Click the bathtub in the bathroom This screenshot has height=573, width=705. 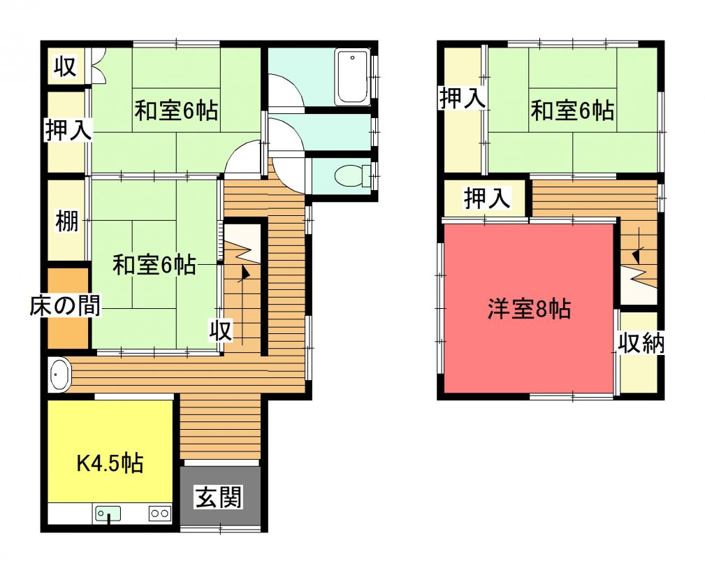(x=353, y=77)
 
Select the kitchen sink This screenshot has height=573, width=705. (x=108, y=514)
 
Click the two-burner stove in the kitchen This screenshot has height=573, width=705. (x=159, y=513)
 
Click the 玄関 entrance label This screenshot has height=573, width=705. (x=219, y=497)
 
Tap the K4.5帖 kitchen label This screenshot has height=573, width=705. (x=110, y=463)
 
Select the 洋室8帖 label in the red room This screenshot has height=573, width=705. (x=529, y=309)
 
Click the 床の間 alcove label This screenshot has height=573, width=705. (x=65, y=305)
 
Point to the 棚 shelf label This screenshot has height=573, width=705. (x=66, y=222)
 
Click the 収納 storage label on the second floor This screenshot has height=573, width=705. (x=641, y=344)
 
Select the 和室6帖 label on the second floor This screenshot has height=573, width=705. (x=572, y=110)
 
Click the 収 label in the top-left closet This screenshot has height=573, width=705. (x=65, y=66)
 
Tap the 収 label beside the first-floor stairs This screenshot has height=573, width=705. (x=221, y=331)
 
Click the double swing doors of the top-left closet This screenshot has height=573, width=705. (x=98, y=65)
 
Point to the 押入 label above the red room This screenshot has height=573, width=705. (x=488, y=198)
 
